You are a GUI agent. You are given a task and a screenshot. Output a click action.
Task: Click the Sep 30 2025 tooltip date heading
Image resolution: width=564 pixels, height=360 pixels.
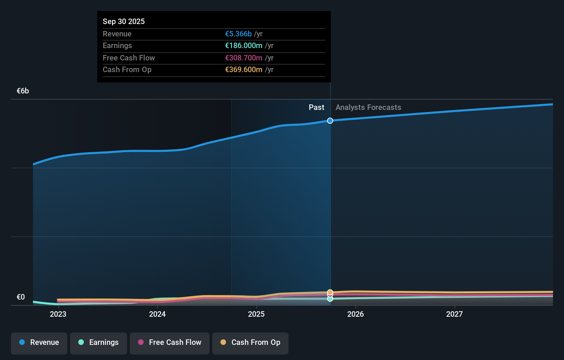coord(124,21)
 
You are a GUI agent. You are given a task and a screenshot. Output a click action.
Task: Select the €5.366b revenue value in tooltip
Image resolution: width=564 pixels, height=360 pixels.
coord(238,34)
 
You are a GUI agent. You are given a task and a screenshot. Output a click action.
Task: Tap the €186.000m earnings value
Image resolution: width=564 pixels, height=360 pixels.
coord(244,45)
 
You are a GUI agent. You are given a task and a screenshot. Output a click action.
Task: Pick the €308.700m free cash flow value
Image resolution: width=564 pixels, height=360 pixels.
coord(244,58)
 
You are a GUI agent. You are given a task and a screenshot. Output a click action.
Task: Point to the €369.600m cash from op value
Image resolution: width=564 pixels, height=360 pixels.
coord(244,69)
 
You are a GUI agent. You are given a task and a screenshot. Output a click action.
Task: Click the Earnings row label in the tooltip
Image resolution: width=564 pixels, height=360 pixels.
coord(117,45)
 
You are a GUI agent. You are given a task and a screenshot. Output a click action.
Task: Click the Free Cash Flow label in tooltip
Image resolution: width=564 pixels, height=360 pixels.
coord(129,58)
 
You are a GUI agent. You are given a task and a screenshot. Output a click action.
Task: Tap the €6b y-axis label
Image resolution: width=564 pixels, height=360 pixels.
coord(23,91)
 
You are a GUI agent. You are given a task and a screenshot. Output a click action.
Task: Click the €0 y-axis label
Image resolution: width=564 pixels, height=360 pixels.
coord(21,297)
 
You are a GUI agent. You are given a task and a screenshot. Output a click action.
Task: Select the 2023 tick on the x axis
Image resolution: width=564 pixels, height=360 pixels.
coord(58,314)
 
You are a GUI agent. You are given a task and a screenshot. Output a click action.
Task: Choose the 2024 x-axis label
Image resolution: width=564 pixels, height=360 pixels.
coord(157,314)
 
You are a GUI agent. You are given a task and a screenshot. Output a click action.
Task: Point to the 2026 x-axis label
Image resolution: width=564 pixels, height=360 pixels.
coord(356,314)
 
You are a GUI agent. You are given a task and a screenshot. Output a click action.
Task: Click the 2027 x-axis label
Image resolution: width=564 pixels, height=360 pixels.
coord(454,314)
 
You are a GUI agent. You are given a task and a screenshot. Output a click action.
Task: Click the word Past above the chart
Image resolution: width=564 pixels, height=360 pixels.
coord(316,107)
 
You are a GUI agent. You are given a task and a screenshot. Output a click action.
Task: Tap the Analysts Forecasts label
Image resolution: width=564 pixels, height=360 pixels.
coord(368,107)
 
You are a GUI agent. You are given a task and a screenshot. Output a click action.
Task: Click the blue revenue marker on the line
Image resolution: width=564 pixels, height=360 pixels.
coord(330,121)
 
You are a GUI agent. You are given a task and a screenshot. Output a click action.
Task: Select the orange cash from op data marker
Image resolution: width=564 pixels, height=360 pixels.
coord(330,292)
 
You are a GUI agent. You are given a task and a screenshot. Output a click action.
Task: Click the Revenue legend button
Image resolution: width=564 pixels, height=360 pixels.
coord(39,342)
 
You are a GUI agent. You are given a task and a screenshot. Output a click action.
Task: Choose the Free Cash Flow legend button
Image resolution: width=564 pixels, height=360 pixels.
coord(170,342)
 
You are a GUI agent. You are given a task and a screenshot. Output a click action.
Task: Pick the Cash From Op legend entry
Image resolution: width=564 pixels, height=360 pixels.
coord(250,342)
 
